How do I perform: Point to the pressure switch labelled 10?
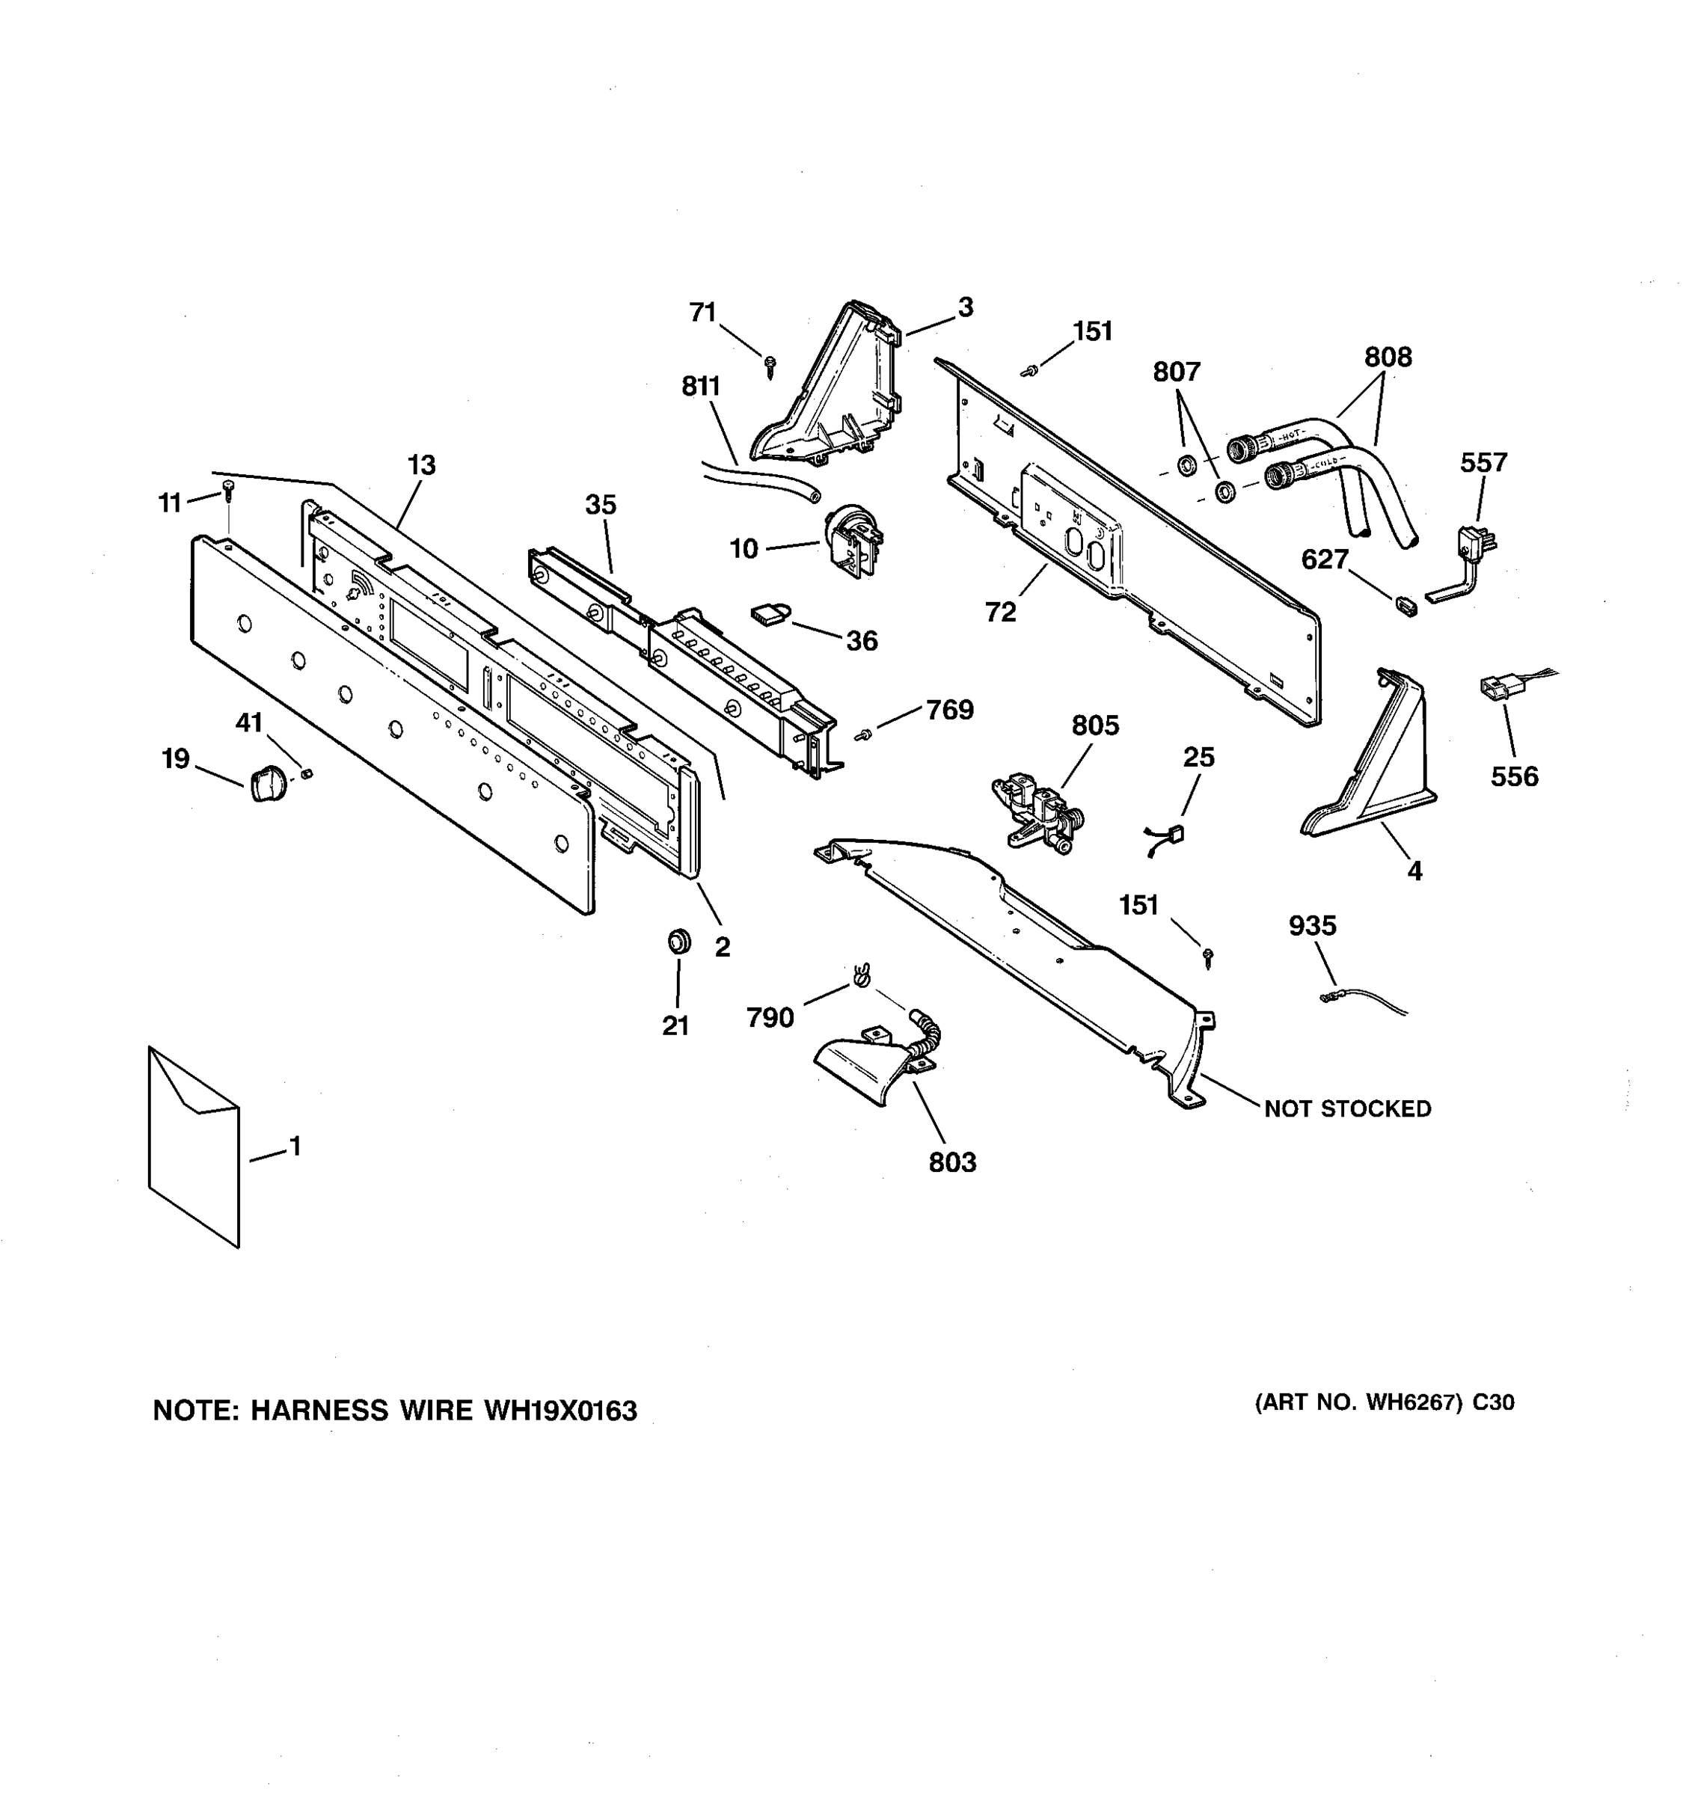852,539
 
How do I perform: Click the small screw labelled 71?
770,365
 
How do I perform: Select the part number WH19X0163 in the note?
560,1411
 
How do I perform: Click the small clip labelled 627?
1405,605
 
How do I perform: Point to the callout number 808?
1387,358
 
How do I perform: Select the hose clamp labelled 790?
860,976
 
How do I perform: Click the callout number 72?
1000,613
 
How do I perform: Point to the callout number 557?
1483,462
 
